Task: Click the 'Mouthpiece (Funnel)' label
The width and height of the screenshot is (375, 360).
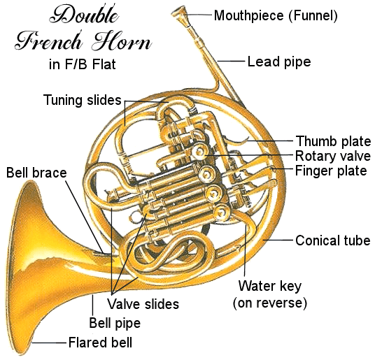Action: [x=276, y=16]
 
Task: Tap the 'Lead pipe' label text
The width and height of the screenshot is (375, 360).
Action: [x=279, y=62]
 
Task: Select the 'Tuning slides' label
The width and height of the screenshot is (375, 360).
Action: [x=83, y=100]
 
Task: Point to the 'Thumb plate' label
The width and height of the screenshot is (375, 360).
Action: [x=334, y=141]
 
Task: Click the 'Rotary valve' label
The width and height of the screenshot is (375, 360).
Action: [x=333, y=156]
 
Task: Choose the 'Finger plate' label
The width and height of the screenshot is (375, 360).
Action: [x=331, y=171]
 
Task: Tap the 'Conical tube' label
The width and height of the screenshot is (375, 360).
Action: [x=333, y=240]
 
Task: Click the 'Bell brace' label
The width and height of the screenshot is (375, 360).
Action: [x=36, y=173]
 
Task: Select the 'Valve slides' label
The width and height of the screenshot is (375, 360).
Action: [x=143, y=304]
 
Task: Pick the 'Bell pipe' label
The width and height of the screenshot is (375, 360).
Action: [x=115, y=323]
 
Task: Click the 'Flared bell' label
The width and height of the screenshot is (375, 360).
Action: [x=100, y=343]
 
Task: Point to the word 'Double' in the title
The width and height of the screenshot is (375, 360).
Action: [x=84, y=15]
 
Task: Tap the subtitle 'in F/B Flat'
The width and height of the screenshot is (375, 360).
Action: [x=83, y=64]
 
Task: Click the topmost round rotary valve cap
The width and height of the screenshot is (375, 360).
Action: [x=199, y=152]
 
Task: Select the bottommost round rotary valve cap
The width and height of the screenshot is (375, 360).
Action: [x=221, y=213]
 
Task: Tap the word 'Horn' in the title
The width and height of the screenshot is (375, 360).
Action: [x=122, y=41]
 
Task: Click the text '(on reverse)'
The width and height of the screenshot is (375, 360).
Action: [x=270, y=303]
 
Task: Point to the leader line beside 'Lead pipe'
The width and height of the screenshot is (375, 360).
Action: [x=231, y=61]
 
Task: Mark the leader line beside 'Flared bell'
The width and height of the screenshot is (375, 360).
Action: [x=49, y=343]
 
